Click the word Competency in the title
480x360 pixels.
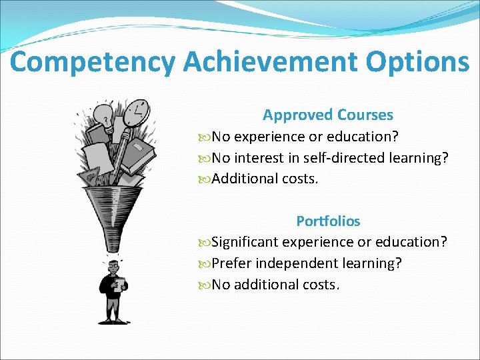(93, 62)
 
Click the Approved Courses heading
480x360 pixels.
(327, 115)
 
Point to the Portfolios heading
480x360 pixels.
(327, 221)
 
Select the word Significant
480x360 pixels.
(245, 242)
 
